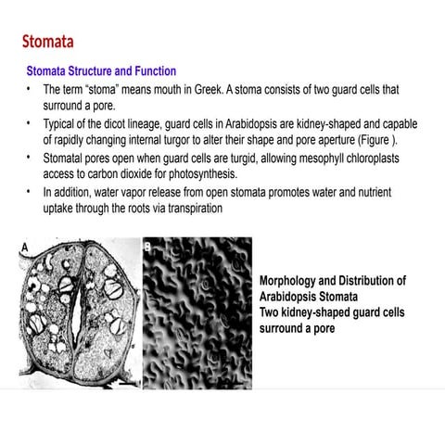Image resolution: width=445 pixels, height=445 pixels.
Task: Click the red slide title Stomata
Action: point(47,42)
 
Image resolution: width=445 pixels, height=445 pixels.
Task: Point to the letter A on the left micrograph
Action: point(26,245)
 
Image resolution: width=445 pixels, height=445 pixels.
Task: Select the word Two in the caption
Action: point(270,312)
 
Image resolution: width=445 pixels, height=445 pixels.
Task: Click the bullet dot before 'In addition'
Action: point(29,191)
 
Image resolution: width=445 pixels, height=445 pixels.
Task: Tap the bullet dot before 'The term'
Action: point(29,89)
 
